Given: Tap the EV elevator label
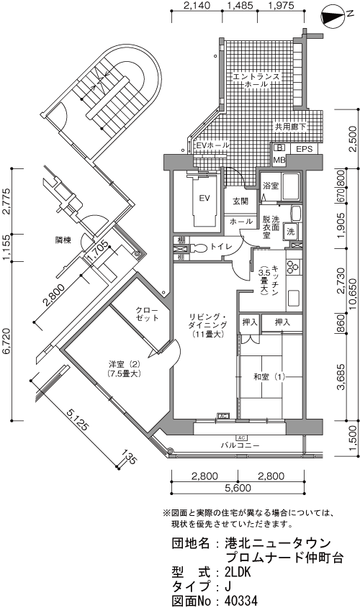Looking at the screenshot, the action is click(204, 199).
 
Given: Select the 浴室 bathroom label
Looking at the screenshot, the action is click(271, 186).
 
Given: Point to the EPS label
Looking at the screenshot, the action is click(305, 149).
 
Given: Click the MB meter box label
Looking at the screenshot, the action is click(279, 160).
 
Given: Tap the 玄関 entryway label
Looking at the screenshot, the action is click(240, 201).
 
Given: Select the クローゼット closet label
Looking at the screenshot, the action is click(147, 314).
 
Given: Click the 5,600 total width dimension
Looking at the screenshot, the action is click(238, 488).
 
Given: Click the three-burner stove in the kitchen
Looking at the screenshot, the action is click(292, 267).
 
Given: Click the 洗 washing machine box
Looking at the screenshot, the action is click(291, 232).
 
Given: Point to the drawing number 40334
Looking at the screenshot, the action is click(241, 601).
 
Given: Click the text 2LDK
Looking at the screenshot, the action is click(238, 572).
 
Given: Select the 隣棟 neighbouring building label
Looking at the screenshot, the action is click(63, 240).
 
